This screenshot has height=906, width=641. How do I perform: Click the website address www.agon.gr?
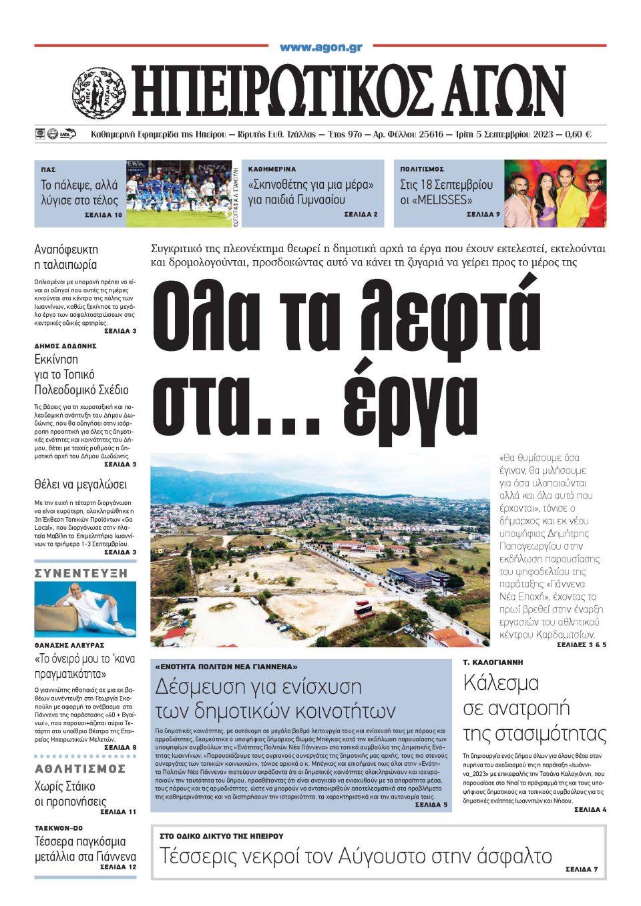point(320,47)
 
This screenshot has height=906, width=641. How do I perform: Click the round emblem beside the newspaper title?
point(99,93)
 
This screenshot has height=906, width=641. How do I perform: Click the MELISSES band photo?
point(555,193)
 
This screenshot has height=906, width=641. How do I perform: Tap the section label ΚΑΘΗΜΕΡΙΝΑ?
point(272,169)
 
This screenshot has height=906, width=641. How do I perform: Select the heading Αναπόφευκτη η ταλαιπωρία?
point(66,257)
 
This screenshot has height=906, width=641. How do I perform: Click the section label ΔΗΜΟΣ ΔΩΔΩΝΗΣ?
point(65,346)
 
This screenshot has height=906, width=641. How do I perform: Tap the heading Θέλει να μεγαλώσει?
point(80,484)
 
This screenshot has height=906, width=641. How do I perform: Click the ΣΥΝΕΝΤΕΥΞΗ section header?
point(80,573)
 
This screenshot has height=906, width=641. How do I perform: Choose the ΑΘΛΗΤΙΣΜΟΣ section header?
point(80,769)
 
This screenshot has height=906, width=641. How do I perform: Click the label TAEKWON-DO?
point(59,828)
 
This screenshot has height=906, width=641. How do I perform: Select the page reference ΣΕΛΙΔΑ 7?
point(581,870)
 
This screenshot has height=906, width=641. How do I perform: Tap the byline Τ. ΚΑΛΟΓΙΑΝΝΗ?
point(493,662)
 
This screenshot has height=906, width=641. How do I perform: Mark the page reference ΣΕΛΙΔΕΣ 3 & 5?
point(581,645)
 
